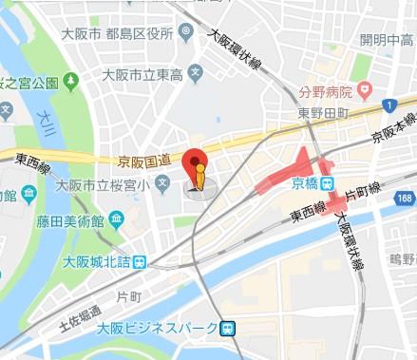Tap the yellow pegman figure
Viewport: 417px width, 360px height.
coord(199,177)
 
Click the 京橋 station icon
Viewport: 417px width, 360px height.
coord(327,183)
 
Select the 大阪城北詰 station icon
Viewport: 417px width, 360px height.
coord(140,262)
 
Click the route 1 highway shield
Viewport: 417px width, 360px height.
coord(389,103)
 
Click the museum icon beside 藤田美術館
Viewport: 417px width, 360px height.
coord(29,195)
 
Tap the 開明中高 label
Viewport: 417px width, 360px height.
coord(384,39)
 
